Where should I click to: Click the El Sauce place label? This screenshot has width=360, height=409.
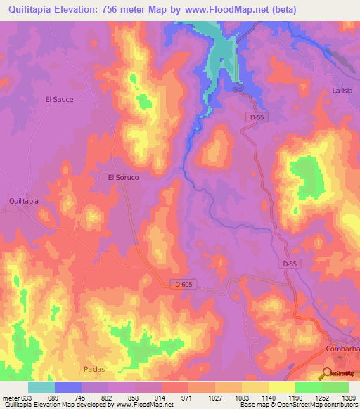click(59, 100)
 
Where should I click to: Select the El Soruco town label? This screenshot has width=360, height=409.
click(123, 178)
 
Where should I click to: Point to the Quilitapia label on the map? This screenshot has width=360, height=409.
click(23, 200)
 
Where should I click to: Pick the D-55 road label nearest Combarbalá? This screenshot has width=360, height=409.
click(291, 263)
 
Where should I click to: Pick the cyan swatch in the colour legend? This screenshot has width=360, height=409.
click(41, 387)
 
